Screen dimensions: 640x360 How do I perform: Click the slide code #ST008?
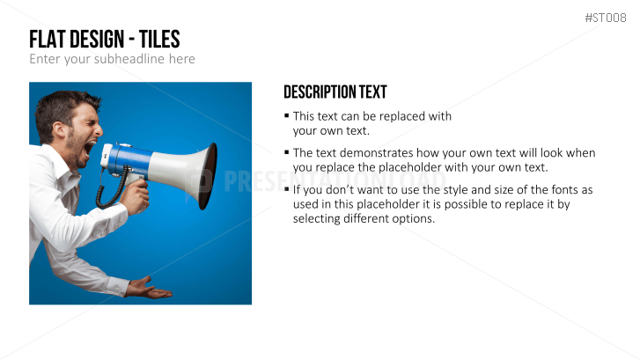606,18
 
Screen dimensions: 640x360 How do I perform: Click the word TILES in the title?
159,40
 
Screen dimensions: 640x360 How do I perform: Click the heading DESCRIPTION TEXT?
335,92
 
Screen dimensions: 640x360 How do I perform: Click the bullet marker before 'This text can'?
286,116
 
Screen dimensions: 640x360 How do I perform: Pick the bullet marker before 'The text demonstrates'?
286,152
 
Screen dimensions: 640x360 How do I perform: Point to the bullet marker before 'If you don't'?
286,189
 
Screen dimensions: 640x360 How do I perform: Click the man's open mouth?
90,148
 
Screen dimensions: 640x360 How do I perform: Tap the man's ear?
59,129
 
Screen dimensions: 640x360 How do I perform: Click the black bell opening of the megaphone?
208,176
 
